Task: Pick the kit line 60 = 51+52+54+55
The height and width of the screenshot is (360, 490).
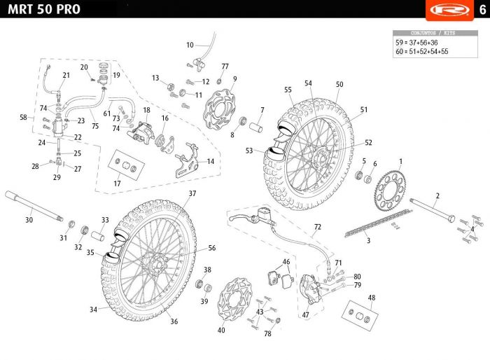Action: tap(422, 52)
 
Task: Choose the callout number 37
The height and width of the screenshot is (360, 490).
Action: tap(192, 193)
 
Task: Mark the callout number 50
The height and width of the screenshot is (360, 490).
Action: tap(339, 85)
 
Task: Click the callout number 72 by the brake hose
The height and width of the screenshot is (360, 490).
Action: tap(317, 228)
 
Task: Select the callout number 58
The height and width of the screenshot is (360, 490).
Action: tap(24, 118)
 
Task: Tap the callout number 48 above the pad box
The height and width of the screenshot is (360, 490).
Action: tap(371, 298)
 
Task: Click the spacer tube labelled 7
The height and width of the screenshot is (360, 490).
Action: tap(256, 130)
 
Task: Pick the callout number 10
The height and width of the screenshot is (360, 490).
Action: tap(190, 46)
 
